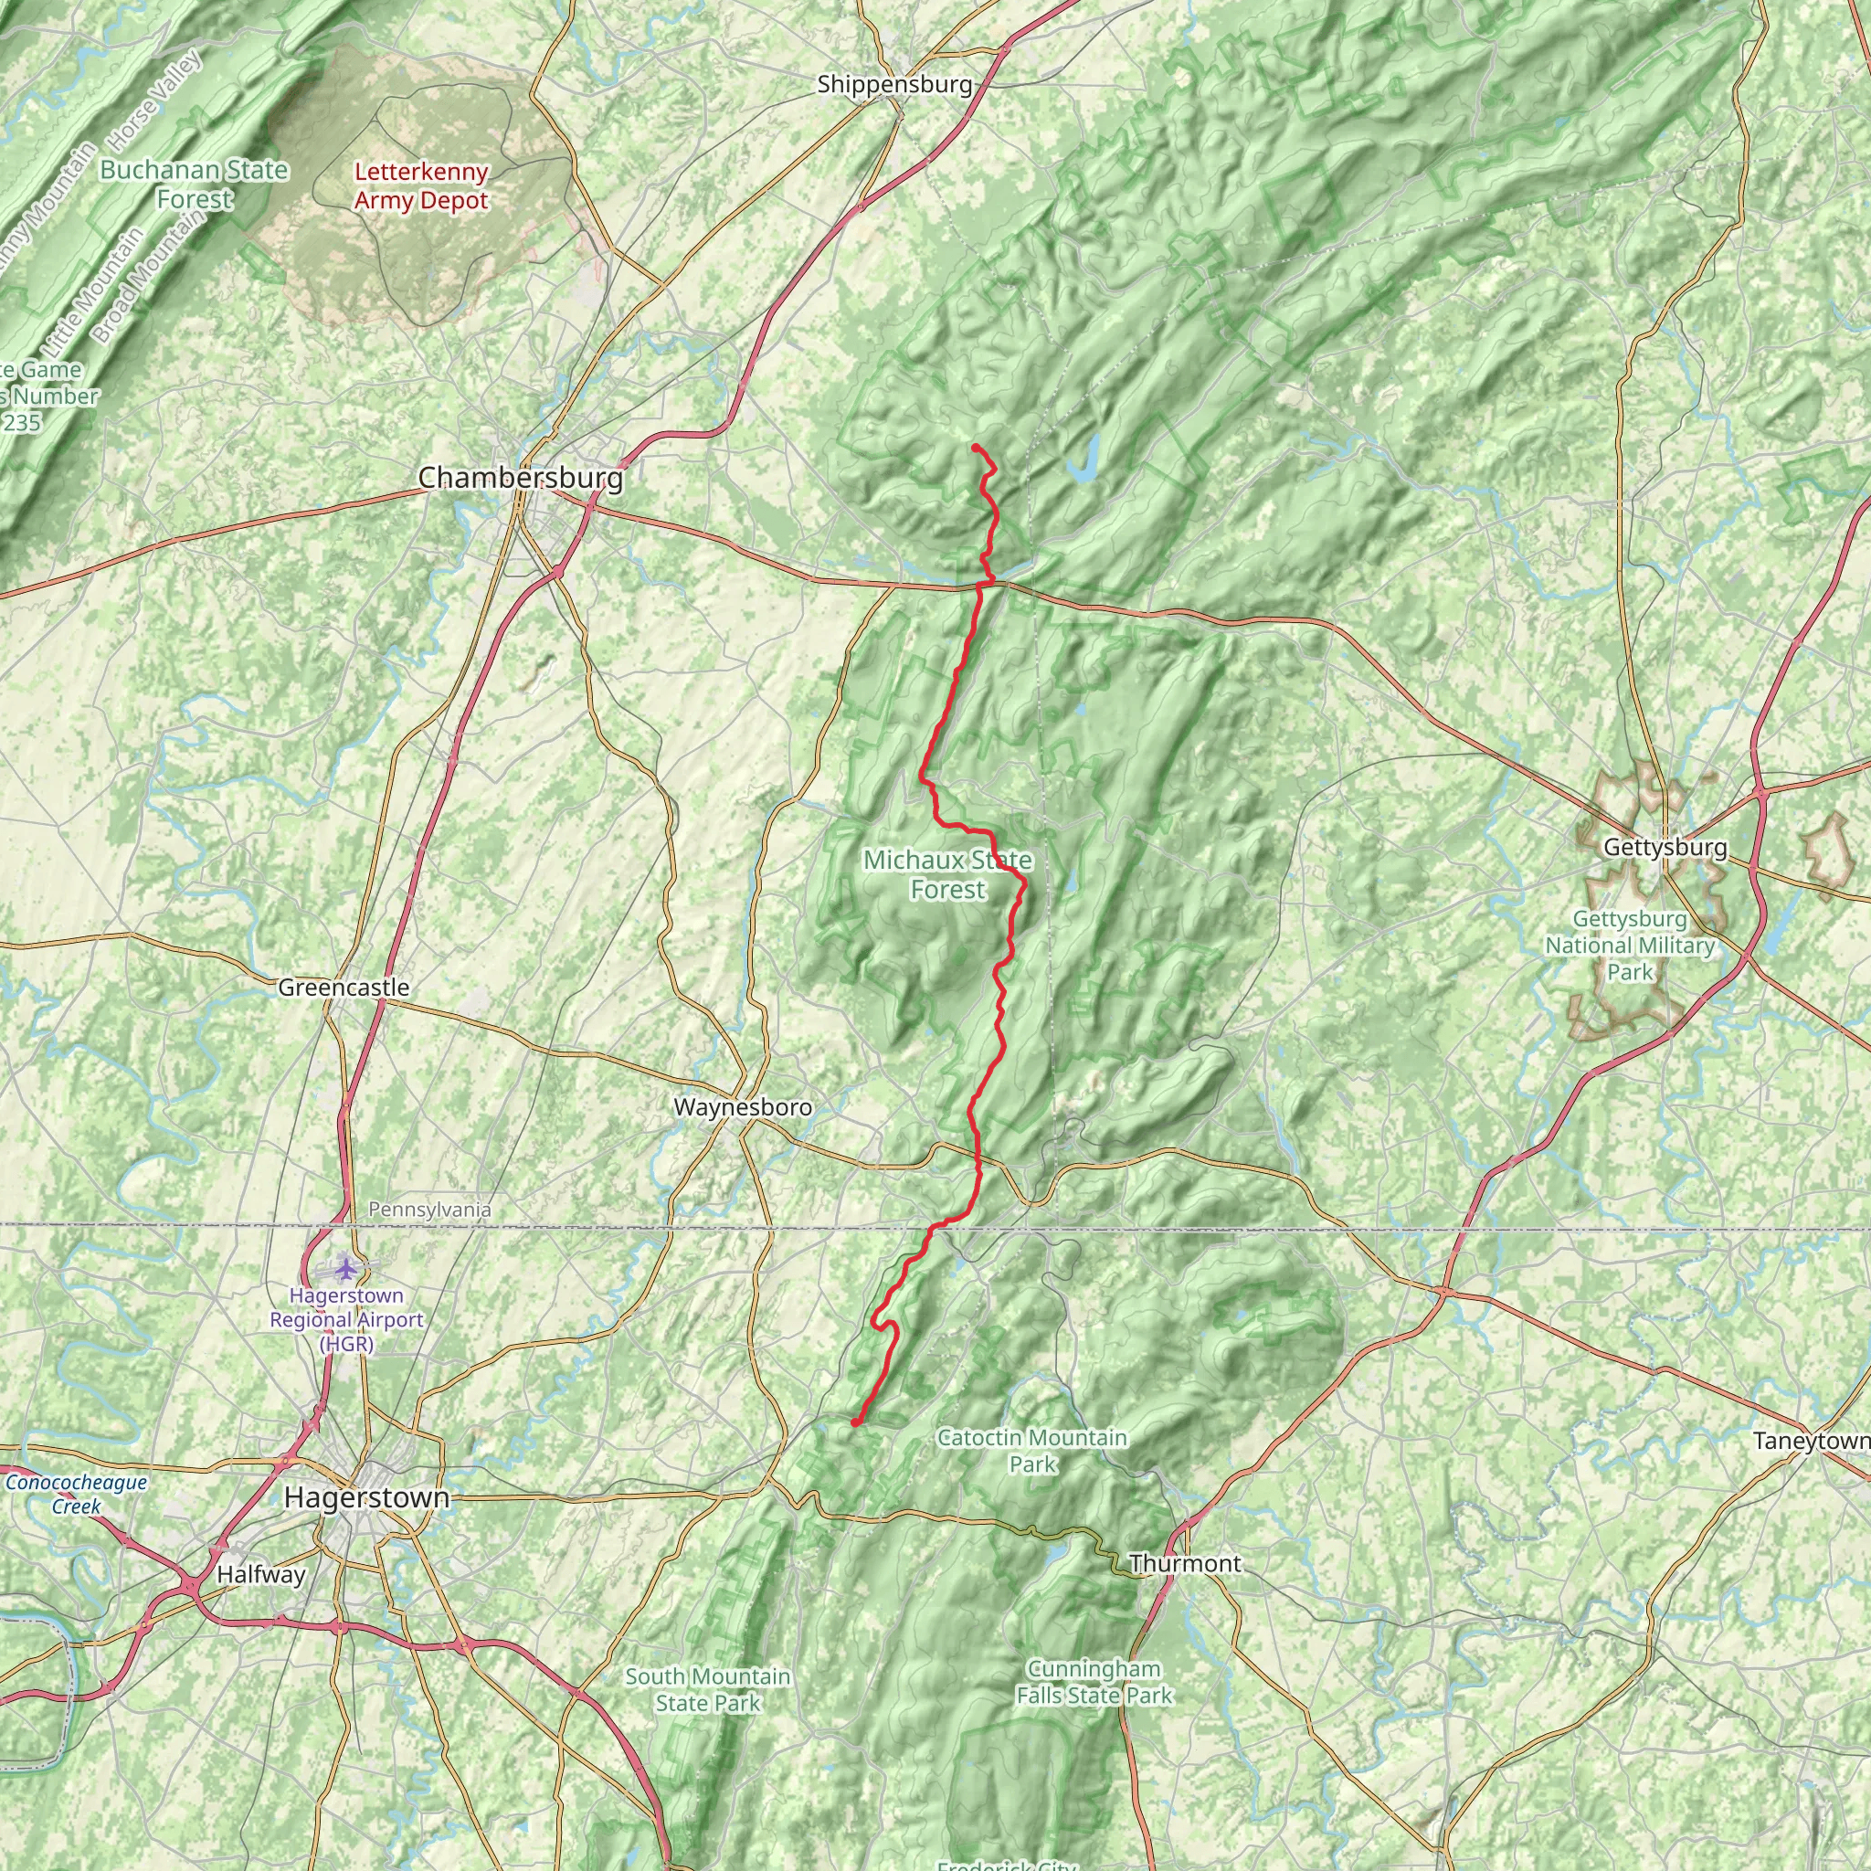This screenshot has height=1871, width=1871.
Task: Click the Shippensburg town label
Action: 893,84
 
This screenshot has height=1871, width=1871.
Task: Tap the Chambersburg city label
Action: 520,478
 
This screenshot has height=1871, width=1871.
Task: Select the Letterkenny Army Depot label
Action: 420,186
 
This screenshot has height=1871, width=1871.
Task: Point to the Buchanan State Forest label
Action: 195,184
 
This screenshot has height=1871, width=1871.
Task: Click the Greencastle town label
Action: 344,988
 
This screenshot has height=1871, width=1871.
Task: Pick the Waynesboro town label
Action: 743,1107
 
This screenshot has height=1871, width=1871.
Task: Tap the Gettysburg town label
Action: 1665,848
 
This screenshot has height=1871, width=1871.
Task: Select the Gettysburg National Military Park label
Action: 1630,946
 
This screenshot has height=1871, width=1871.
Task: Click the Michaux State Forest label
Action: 947,874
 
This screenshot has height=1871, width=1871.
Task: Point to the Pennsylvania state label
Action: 429,1210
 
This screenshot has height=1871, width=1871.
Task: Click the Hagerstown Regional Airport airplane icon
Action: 345,1267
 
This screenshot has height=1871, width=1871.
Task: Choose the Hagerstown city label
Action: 366,1497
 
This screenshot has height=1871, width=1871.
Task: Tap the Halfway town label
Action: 260,1574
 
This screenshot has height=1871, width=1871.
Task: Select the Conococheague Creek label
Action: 77,1494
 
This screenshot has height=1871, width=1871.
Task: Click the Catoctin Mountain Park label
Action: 1031,1451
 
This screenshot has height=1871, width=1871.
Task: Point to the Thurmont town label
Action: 1184,1563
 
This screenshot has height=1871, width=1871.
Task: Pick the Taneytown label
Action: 1811,1441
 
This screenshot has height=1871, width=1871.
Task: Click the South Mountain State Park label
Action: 707,1689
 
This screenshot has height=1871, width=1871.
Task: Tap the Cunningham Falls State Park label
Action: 1094,1681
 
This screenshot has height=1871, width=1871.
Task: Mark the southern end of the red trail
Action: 855,1422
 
